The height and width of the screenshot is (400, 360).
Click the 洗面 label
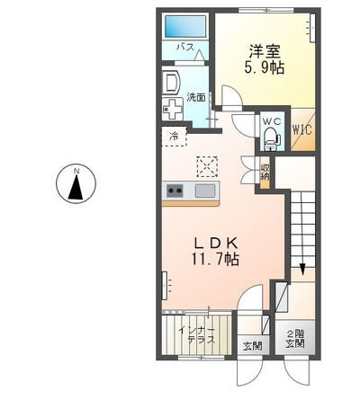point(195,97)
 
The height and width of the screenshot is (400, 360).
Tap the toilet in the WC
point(270,138)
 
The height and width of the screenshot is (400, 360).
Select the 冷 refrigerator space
point(174,137)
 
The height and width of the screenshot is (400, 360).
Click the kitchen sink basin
point(205,190)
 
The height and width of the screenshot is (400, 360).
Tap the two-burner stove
point(175,191)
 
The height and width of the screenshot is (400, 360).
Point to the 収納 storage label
point(265,170)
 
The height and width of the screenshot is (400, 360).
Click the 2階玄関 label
point(295,335)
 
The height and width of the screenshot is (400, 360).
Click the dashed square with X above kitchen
point(209,165)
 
